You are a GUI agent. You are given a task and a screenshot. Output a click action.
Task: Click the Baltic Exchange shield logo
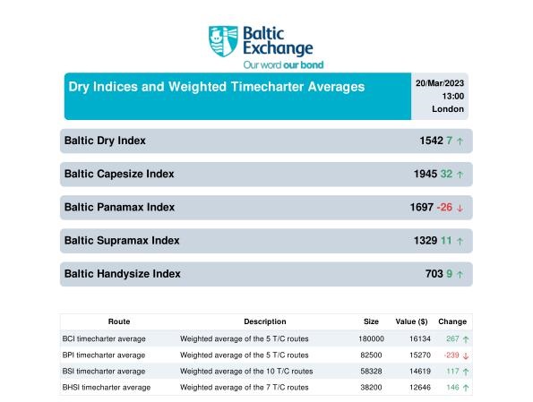pos(223,41)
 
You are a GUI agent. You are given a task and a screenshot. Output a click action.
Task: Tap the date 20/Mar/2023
pos(440,83)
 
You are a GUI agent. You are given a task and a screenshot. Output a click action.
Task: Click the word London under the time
pos(448,109)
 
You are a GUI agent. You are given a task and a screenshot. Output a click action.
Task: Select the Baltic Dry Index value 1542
pos(432,141)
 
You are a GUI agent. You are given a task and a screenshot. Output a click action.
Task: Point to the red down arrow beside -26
pos(460,208)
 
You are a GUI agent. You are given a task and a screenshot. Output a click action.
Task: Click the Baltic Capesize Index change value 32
pos(446,174)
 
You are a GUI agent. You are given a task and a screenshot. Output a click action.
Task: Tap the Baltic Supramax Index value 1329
pos(426,240)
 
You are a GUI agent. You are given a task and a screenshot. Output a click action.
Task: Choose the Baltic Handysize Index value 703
pos(434,274)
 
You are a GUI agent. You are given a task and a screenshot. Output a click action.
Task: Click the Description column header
pos(265,321)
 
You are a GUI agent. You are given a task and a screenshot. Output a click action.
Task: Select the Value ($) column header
pos(411,321)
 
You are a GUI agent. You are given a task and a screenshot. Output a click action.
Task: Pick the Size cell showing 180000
pos(371,338)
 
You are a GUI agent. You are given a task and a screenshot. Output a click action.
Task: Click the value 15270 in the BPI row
pos(420,355)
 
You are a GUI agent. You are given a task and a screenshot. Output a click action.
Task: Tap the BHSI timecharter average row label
pos(107,388)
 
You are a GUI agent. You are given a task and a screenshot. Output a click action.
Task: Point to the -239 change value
pos(451,355)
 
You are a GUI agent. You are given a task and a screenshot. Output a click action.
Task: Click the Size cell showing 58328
pos(371,372)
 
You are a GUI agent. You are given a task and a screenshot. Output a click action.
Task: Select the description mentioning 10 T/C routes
pos(246,372)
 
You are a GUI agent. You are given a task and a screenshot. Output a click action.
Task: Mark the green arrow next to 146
pos(466,388)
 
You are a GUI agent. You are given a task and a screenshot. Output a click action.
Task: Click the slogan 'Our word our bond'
pos(283,64)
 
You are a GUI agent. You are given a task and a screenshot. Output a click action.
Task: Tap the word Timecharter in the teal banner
pos(267,87)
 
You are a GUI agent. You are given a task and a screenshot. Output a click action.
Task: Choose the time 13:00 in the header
pos(452,96)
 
